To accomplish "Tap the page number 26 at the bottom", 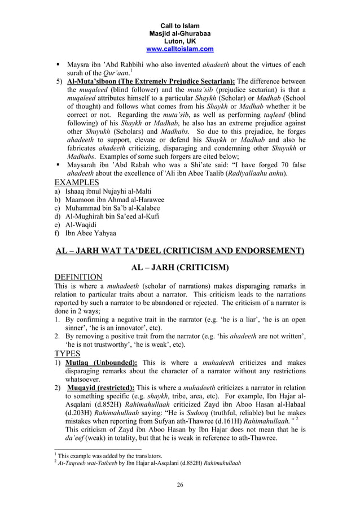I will point(179,485).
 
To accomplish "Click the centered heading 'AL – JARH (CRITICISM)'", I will point(179,266).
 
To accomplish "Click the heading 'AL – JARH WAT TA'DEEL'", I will point(179,250).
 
